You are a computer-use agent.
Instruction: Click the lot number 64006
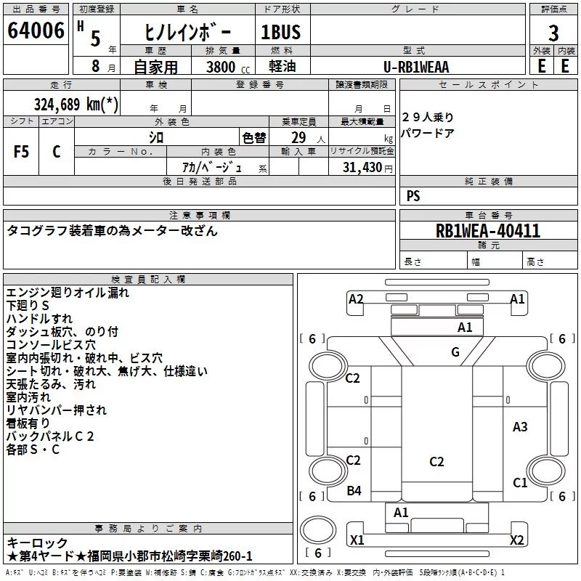coord(36,31)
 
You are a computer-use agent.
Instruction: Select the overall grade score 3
coord(553,33)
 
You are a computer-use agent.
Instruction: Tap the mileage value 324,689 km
coord(76,105)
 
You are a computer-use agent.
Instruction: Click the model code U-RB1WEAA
coord(416,67)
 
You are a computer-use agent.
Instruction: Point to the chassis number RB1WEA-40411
coord(488,231)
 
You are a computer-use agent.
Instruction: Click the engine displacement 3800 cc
coord(228,67)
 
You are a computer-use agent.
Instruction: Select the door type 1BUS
coord(281,32)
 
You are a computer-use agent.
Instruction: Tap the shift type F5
coord(21,152)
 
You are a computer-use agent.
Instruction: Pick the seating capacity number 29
coord(298,138)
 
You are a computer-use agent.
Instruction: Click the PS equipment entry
coord(413,196)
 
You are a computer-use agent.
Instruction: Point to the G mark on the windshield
coord(455,352)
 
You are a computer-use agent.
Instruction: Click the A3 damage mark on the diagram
coord(520,427)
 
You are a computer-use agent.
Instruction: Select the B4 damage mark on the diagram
coord(354,491)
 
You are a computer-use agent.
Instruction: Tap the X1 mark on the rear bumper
coord(357,540)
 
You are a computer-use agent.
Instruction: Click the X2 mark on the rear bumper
coord(516,540)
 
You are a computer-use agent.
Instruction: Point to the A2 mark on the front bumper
coord(356,298)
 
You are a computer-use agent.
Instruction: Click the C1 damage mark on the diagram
coord(520,482)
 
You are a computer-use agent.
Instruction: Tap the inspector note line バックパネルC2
coord(50,436)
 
